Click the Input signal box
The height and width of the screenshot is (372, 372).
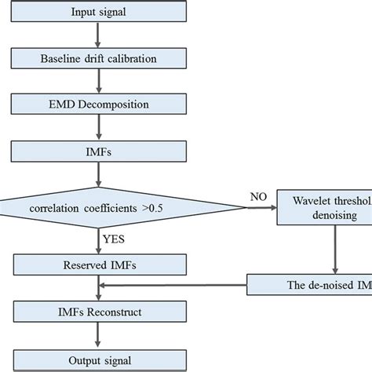[x=97, y=13]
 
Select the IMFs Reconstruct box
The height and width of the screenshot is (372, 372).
[x=97, y=313]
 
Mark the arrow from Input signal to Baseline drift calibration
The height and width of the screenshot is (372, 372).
[x=97, y=35]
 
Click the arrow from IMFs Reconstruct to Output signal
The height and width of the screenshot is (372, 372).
[x=97, y=335]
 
